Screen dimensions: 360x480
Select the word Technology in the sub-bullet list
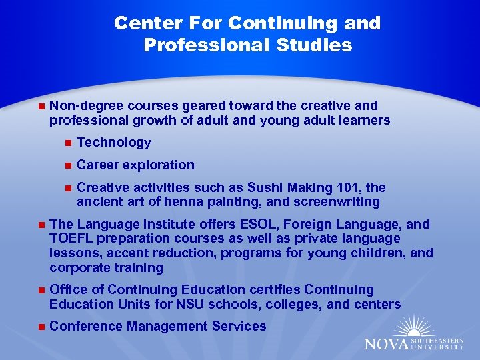114,142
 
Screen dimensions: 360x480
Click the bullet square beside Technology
67,142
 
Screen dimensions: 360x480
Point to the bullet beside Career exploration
67,165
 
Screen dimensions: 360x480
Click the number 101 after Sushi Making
337,187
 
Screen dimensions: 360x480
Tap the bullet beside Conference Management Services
41,326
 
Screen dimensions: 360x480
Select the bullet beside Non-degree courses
41,105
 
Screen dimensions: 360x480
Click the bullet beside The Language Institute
41,224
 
